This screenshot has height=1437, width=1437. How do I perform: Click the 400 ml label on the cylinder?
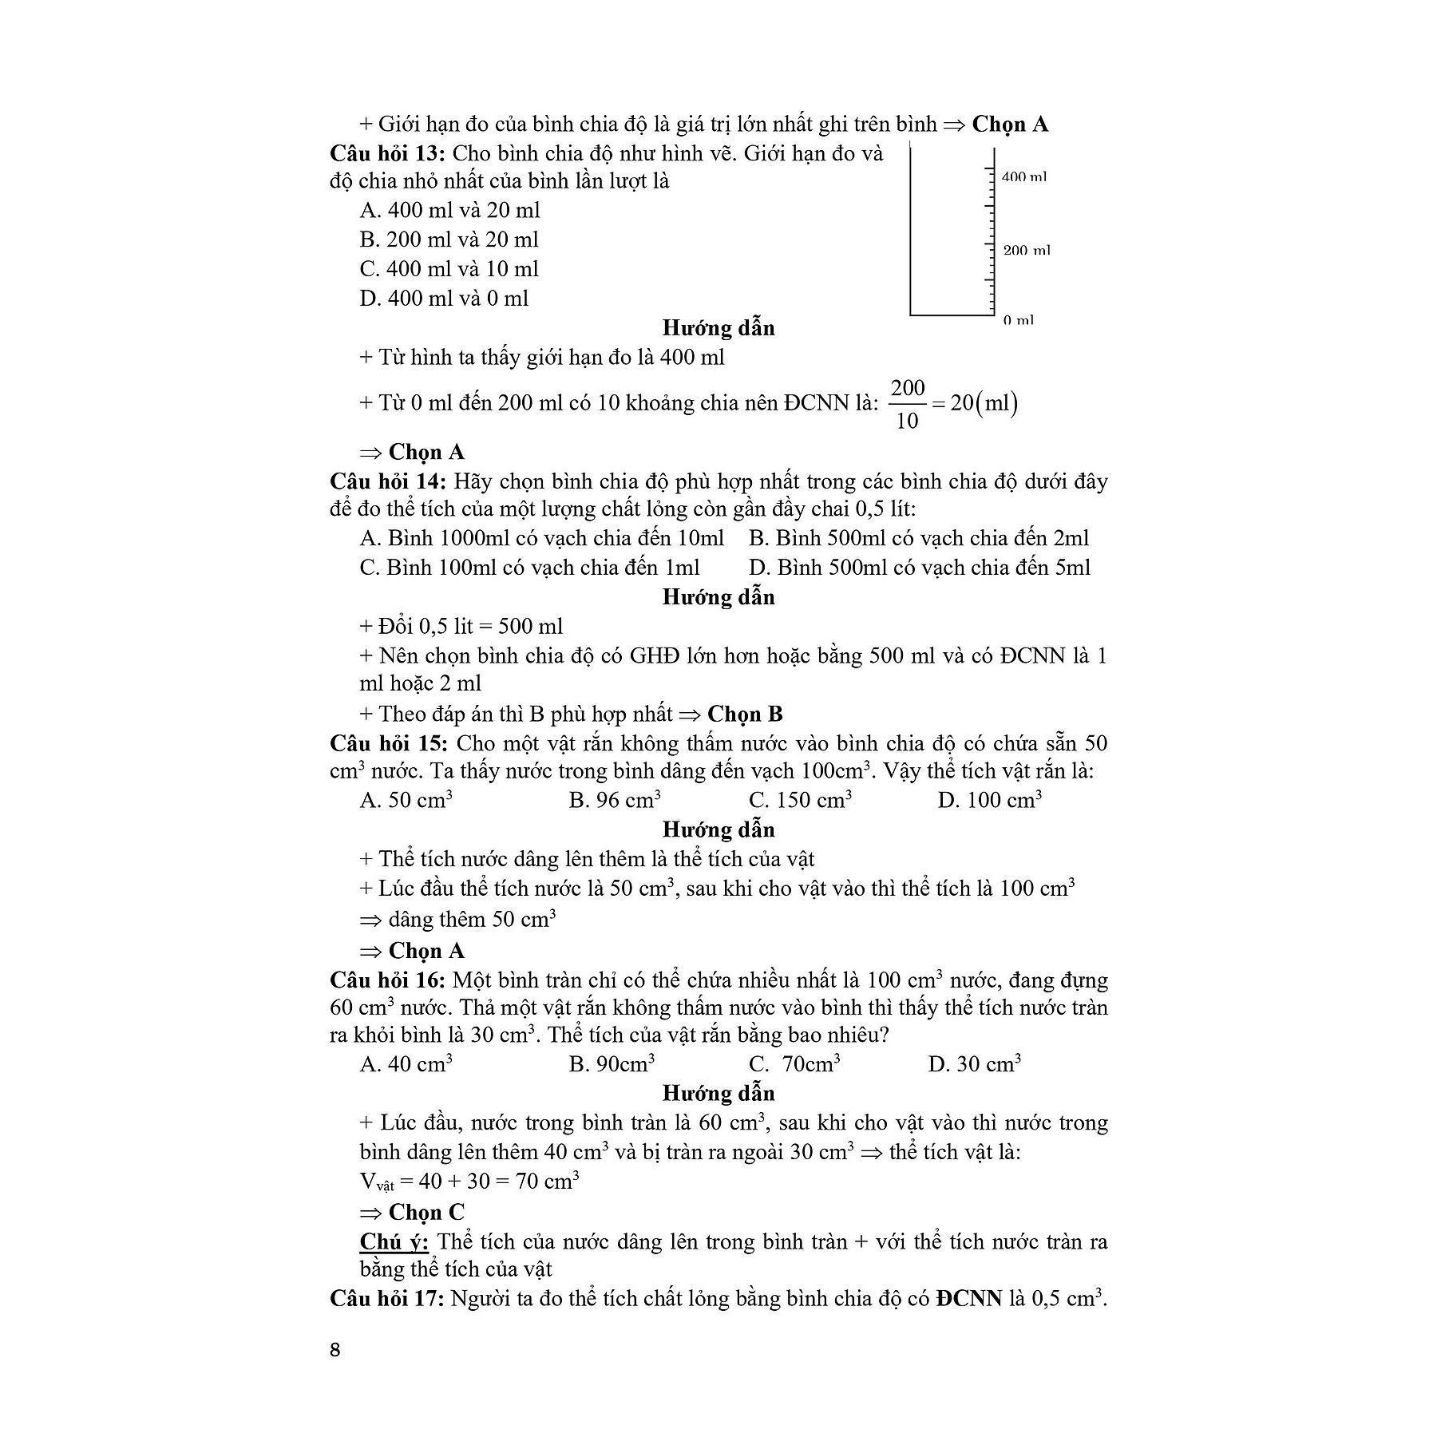coord(1023,176)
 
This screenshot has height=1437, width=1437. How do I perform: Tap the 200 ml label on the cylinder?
coord(1027,251)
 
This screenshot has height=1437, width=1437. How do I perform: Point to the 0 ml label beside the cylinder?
coord(1018,320)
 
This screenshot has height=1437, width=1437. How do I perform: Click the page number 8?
coord(335,1349)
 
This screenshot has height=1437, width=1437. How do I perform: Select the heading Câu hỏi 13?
coord(387,153)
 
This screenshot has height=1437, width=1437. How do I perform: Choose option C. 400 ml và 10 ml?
coord(449,269)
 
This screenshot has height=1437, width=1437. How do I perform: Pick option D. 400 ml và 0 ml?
coord(444,299)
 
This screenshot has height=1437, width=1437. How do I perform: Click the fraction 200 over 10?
coord(907,404)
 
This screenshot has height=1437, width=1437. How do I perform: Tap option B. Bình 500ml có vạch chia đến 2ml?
coord(918,538)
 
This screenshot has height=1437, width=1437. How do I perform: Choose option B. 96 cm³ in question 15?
coord(614,800)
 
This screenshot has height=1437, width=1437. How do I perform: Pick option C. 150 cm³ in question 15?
coord(799,800)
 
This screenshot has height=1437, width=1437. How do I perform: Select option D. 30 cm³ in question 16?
coord(974,1063)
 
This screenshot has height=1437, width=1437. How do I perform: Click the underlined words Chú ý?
coord(394,1242)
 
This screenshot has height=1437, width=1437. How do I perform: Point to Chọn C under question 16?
coord(426,1212)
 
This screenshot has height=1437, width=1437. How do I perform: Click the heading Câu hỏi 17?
coord(387,1299)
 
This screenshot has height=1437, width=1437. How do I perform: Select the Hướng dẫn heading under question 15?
coord(718,829)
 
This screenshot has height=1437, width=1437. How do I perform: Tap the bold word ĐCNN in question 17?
coord(969,1299)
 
